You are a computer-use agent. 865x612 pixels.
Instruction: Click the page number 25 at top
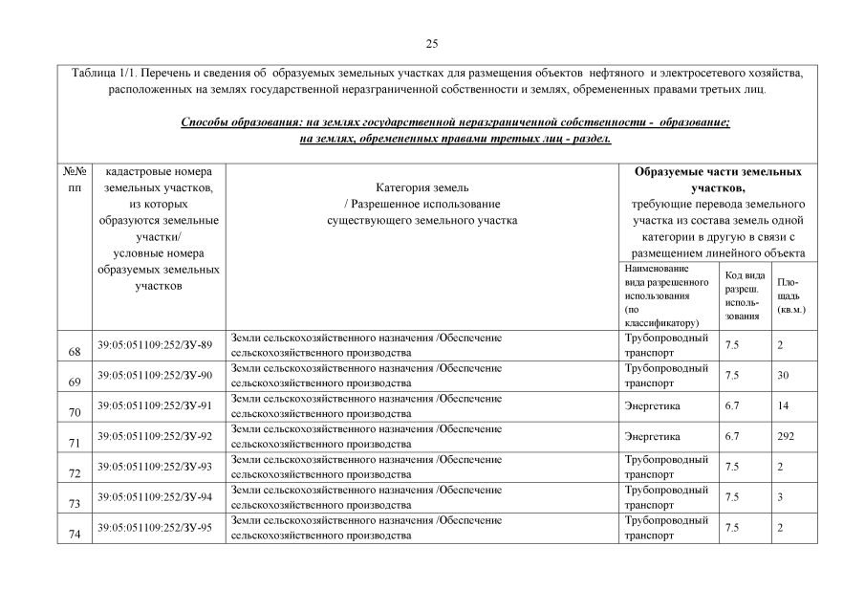coord(432,44)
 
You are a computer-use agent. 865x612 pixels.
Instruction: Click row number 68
coord(75,351)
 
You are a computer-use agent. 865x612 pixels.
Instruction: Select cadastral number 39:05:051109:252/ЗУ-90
coord(155,376)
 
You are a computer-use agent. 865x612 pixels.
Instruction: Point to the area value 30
coord(784,376)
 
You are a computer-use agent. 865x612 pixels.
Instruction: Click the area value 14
coord(784,406)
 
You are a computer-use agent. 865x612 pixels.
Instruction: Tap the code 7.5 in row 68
coord(733,345)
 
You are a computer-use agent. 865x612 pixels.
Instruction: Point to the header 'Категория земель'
coord(422,188)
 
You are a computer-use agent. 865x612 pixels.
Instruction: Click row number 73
coord(75,503)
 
